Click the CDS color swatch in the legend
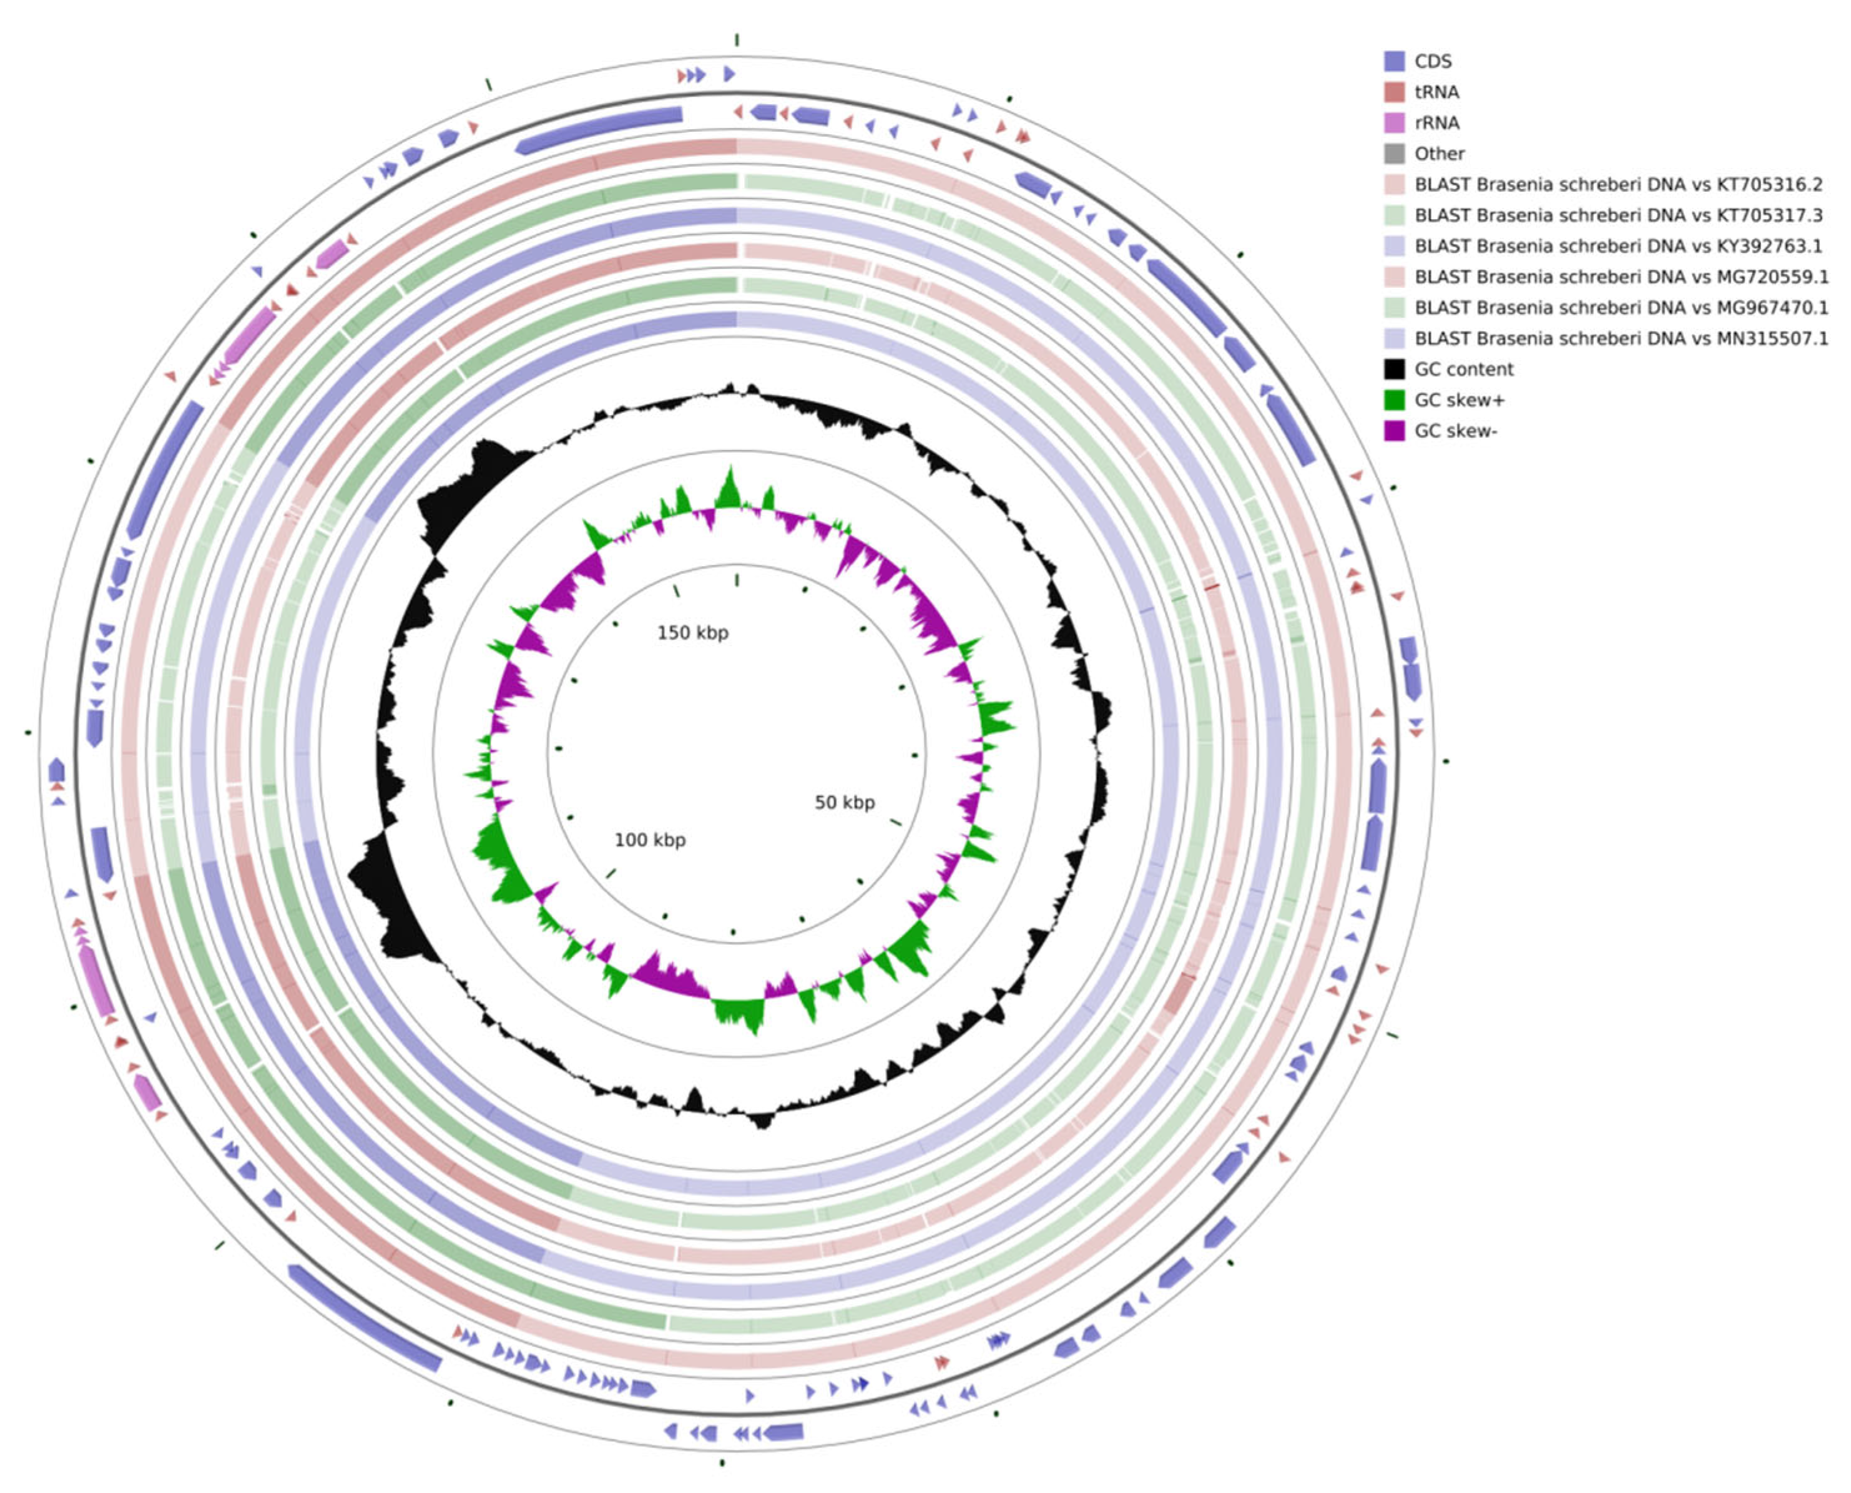(x=1393, y=61)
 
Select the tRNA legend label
(x=1436, y=92)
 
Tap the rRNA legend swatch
(x=1393, y=123)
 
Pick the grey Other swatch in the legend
(x=1393, y=154)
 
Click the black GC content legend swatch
(x=1393, y=369)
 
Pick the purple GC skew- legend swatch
(x=1393, y=431)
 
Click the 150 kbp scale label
(x=692, y=633)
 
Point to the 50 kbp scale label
(x=845, y=803)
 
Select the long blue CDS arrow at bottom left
(x=366, y=1318)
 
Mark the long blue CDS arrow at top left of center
(x=599, y=130)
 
